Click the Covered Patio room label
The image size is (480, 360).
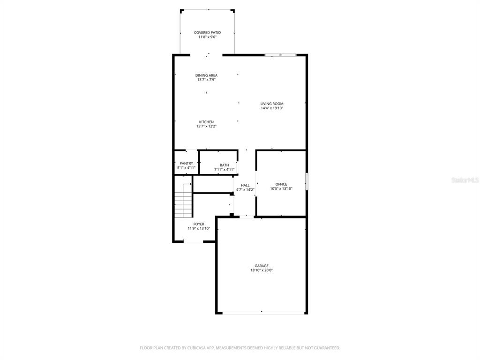207,32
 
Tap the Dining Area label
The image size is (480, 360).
206,75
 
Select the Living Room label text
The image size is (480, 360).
272,104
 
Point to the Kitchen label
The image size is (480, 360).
206,122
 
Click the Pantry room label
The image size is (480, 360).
186,163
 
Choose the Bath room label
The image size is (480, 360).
225,165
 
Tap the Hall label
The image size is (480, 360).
245,185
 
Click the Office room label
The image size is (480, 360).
281,184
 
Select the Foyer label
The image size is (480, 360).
199,224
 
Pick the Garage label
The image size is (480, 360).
262,266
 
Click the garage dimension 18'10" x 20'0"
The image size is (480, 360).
262,270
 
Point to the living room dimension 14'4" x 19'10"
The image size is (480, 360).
272,108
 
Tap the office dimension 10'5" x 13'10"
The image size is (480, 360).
281,189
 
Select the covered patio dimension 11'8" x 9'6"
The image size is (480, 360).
207,37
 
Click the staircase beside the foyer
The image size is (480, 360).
183,205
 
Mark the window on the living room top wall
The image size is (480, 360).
280,55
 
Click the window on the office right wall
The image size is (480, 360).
307,182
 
